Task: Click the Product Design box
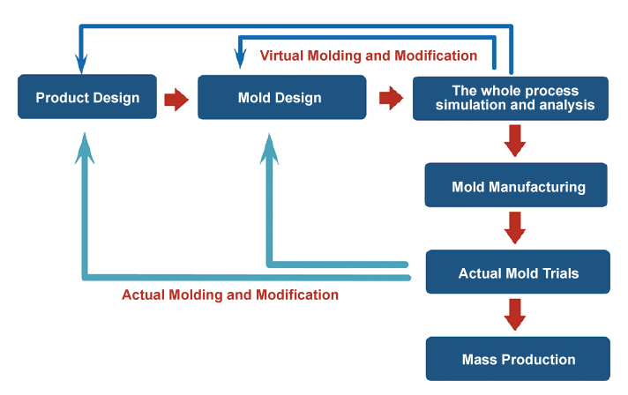[87, 96]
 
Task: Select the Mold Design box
[282, 97]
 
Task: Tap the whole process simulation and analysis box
[511, 99]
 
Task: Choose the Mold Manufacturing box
[516, 185]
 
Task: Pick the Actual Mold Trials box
[518, 272]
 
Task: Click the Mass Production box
[518, 359]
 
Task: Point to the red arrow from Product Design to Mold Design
[176, 100]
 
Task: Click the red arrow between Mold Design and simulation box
[392, 98]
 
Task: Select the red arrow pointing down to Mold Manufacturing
[515, 141]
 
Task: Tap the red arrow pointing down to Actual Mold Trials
[515, 228]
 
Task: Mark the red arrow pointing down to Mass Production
[515, 315]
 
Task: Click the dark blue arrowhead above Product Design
[81, 64]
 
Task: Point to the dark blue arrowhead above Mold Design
[240, 59]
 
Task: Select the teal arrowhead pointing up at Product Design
[85, 148]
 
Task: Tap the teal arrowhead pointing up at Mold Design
[270, 149]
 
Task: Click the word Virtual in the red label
[281, 56]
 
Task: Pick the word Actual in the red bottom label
[143, 294]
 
